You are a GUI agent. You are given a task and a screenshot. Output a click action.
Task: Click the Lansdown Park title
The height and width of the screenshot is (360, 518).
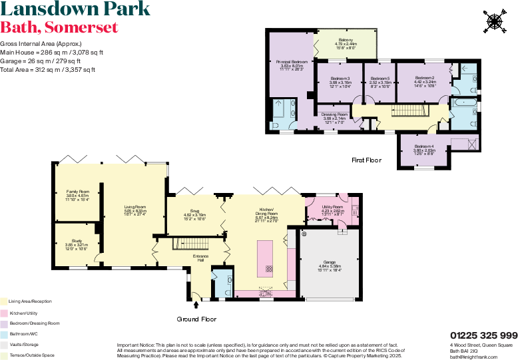[x=75, y=10]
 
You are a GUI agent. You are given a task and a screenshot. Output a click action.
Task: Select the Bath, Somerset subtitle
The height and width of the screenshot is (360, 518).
[x=59, y=28]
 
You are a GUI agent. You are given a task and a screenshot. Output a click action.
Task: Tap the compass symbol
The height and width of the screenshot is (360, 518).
[x=494, y=21]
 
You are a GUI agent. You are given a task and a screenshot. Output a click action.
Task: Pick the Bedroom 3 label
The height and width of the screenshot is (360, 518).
[x=340, y=79]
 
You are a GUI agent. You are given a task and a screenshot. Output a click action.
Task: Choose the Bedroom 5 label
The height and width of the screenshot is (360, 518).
[x=380, y=79]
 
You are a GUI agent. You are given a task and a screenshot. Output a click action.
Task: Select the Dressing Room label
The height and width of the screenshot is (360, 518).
[x=335, y=114]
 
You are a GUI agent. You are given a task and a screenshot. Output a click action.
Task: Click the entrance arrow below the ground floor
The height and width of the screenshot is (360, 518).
[x=196, y=305]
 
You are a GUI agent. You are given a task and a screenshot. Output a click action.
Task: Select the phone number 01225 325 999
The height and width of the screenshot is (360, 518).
[x=483, y=335]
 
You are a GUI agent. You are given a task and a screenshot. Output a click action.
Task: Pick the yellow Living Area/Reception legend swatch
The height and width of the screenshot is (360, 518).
[x=4, y=301]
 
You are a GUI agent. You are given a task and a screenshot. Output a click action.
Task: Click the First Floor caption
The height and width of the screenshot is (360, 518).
[x=366, y=160]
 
